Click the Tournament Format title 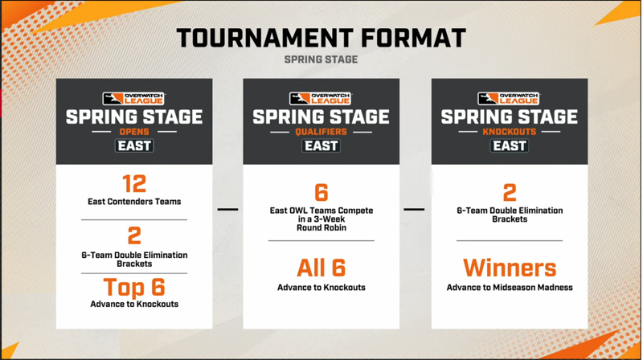(x=321, y=38)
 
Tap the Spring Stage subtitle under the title (x=321, y=59)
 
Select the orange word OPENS (x=134, y=132)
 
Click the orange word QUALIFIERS (x=321, y=132)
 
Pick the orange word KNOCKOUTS (x=510, y=132)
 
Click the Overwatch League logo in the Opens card (x=133, y=98)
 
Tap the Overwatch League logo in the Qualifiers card (x=321, y=98)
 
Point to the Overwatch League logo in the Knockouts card (x=509, y=98)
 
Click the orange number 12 (x=134, y=184)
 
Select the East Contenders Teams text (x=134, y=202)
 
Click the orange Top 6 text (x=134, y=287)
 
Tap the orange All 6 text (x=321, y=268)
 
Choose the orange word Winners (x=510, y=268)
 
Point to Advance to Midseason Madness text (x=510, y=288)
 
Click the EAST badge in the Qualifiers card (x=321, y=146)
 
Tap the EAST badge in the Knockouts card (x=510, y=146)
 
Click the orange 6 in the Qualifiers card (x=321, y=192)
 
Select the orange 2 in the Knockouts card (x=510, y=192)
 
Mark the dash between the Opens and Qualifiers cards (x=227, y=210)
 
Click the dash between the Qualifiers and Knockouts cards (x=414, y=210)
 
